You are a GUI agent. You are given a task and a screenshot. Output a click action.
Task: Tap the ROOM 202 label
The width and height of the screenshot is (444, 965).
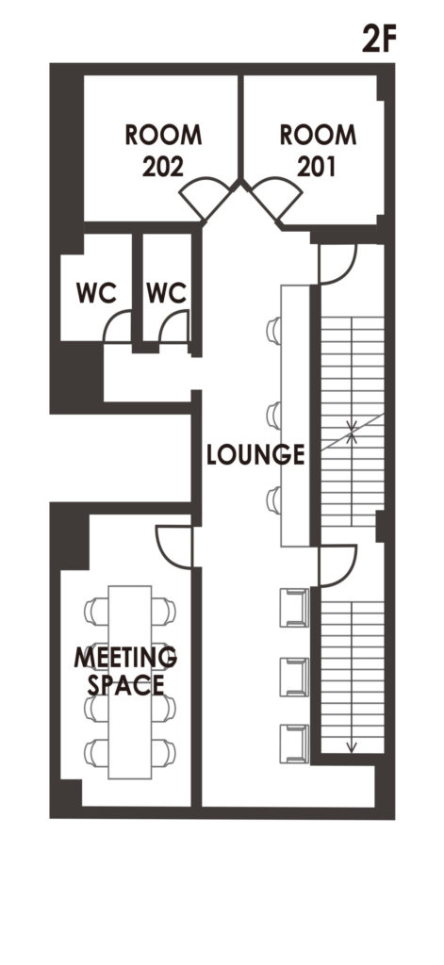tap(163, 150)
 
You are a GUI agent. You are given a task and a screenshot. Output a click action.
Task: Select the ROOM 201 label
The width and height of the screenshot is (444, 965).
tap(318, 150)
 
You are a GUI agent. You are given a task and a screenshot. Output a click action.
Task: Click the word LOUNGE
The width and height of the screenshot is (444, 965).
tap(255, 454)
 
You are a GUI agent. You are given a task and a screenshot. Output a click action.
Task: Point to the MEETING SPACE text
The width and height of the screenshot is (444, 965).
tap(125, 671)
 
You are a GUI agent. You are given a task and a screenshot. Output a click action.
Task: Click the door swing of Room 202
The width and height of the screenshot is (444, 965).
tap(206, 197)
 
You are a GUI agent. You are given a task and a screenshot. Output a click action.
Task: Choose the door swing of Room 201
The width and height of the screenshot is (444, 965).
tap(276, 197)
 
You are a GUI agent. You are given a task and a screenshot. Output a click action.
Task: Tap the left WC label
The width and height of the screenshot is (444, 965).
tap(97, 294)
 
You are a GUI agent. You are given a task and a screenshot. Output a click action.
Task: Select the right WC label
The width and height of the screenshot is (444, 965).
tap(166, 294)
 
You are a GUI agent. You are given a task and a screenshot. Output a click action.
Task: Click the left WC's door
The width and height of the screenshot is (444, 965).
tap(118, 327)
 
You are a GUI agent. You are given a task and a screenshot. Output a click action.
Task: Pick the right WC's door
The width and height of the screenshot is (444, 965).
tap(173, 326)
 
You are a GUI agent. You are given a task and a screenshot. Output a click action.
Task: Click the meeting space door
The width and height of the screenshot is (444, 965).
tap(174, 547)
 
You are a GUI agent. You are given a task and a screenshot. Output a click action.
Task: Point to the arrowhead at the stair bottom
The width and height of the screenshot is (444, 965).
tap(351, 747)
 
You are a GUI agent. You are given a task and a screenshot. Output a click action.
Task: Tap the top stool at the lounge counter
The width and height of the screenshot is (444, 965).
tap(274, 331)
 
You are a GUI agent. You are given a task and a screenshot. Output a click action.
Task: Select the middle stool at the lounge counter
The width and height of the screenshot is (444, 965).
tap(274, 415)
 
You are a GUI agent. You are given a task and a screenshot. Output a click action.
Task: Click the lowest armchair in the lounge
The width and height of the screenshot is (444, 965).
tap(294, 744)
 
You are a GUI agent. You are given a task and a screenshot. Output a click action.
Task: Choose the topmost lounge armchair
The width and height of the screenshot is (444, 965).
tap(294, 608)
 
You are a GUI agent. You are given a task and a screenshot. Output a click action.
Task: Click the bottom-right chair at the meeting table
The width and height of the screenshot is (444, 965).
tap(163, 753)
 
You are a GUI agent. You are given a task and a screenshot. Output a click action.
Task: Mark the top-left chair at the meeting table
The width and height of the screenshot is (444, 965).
tap(96, 611)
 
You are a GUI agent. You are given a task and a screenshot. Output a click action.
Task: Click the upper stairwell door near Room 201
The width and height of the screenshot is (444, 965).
tap(338, 265)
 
